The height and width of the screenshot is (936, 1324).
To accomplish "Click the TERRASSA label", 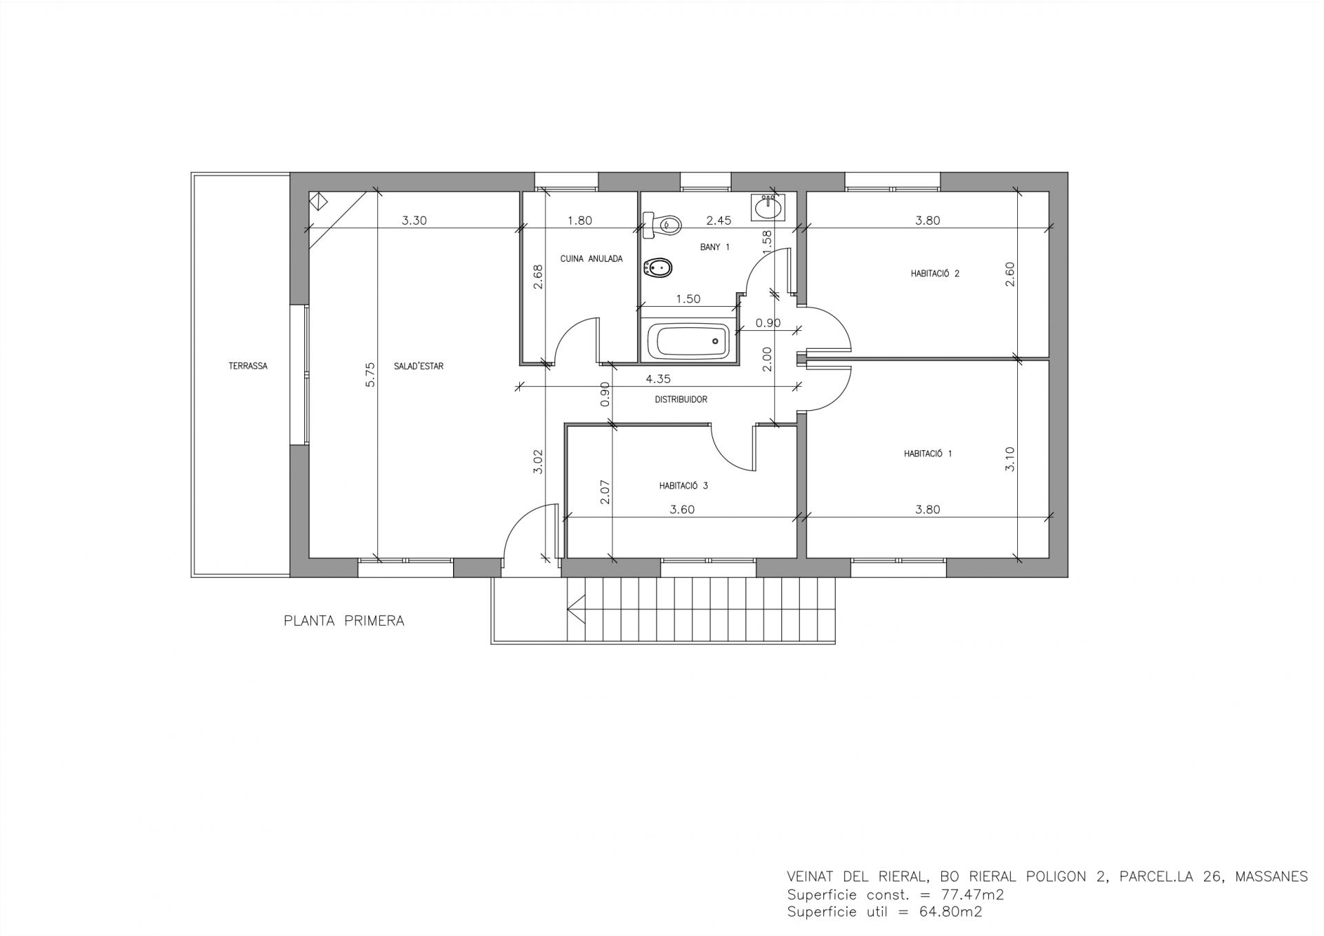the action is coord(248,366).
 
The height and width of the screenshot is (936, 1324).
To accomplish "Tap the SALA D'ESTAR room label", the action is coord(419,366).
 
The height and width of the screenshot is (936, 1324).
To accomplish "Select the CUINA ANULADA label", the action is coord(592,259).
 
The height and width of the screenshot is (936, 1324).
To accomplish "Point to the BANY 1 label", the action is coord(714,247).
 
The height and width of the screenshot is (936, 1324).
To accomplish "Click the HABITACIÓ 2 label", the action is coord(935,274).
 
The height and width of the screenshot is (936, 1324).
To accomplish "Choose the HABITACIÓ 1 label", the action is coord(928,454).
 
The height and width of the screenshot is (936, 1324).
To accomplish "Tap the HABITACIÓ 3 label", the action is coord(683,486).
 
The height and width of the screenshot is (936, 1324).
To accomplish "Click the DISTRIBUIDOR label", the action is coord(681,400).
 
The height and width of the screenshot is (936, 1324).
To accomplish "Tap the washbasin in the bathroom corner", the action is coord(767,207).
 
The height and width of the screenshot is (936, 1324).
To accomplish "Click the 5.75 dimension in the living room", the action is coord(370,374).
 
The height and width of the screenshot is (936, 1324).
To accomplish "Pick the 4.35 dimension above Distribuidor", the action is coord(658,378).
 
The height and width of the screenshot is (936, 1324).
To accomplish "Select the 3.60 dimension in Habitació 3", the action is coord(682,510).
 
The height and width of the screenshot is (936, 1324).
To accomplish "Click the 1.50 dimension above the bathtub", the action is coord(688,299).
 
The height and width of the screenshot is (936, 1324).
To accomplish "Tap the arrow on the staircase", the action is coord(576,609).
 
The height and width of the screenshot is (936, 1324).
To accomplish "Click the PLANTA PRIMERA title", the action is coord(344,621).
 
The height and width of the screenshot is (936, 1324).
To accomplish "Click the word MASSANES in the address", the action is coord(1272,877).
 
